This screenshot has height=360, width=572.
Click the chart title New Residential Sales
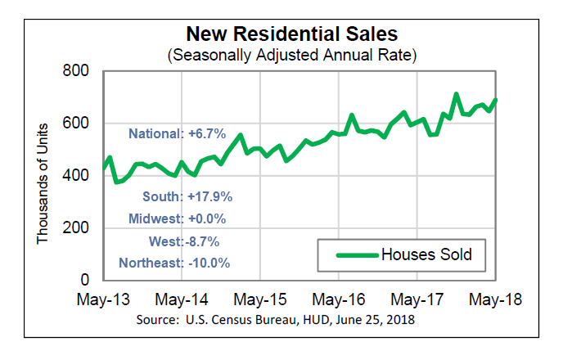[292, 34]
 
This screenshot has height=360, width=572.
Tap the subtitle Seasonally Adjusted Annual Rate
[292, 56]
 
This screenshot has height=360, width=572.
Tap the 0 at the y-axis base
[91, 280]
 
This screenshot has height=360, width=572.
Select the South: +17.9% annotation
[187, 197]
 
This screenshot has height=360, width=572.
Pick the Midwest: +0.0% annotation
[177, 219]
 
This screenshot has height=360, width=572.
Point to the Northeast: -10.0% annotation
[174, 263]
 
